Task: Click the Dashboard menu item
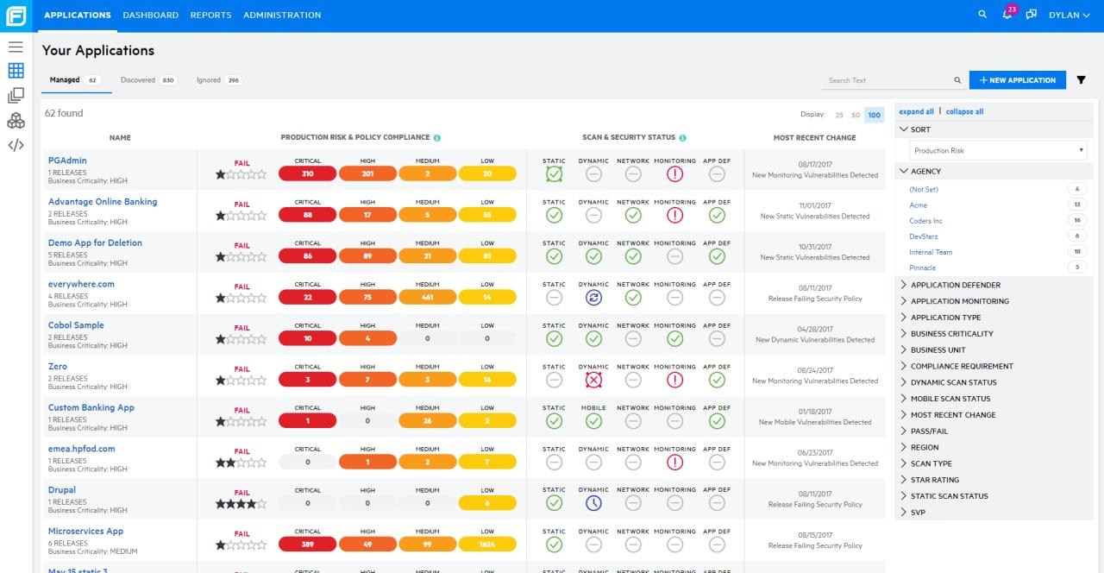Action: pos(150,15)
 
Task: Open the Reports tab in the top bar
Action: pos(210,15)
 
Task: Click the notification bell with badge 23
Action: pos(1007,15)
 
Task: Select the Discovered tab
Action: pos(138,80)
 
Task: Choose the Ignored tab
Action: pos(208,80)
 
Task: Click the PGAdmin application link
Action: pos(67,161)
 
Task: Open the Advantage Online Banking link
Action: pos(103,202)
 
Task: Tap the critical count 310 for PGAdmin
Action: pos(307,173)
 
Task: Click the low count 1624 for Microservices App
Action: pos(487,545)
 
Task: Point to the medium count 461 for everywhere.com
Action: pos(428,298)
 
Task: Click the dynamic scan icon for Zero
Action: pos(593,380)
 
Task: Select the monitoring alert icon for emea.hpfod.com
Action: pos(674,463)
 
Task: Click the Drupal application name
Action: pos(62,490)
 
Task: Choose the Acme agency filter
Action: pos(918,205)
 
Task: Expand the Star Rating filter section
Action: pos(935,480)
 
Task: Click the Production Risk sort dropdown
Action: pos(998,150)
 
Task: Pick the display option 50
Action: pos(856,115)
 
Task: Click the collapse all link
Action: pos(964,111)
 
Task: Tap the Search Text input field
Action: pos(888,80)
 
